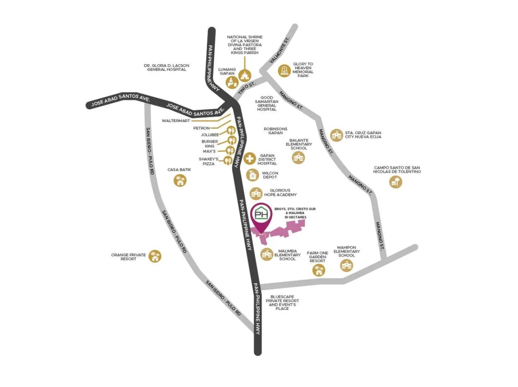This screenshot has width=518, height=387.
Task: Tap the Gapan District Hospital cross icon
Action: click(250, 158)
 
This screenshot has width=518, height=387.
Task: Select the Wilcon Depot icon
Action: click(253, 175)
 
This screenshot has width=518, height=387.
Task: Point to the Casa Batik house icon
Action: click(180, 181)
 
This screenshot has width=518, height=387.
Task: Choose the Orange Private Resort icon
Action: click(155, 256)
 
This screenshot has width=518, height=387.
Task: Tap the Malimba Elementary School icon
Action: click(267, 255)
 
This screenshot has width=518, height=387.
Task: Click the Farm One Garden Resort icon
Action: click(318, 270)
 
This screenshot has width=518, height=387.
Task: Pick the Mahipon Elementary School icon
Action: click(347, 265)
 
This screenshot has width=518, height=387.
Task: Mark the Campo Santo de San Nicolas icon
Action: click(395, 182)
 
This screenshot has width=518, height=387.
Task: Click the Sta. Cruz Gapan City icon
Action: click(336, 135)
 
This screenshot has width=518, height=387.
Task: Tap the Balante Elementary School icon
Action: click(298, 158)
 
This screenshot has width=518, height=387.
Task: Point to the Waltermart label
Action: click(176, 121)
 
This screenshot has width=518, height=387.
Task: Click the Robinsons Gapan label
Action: click(275, 131)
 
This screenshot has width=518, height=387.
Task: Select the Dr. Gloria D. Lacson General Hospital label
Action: click(167, 68)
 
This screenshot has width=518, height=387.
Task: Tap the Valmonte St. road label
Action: click(279, 51)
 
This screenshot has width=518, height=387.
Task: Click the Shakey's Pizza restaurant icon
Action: click(227, 161)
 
